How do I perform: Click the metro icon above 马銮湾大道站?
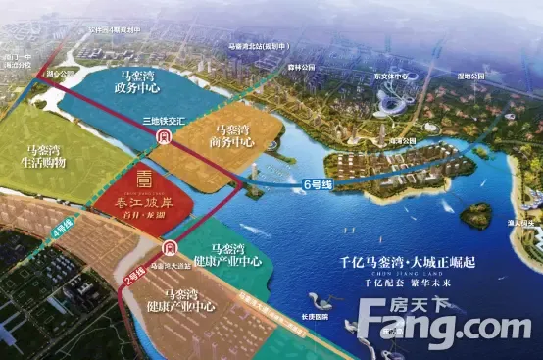coord(171,250)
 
